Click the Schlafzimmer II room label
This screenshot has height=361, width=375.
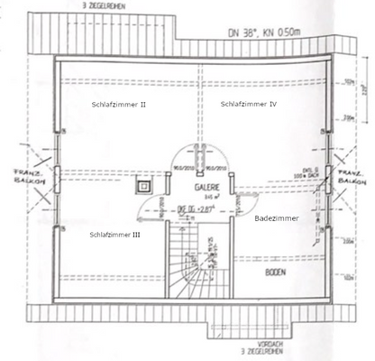[119, 105]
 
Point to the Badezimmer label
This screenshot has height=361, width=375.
[276, 218]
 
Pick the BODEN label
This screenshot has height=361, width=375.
[276, 271]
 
